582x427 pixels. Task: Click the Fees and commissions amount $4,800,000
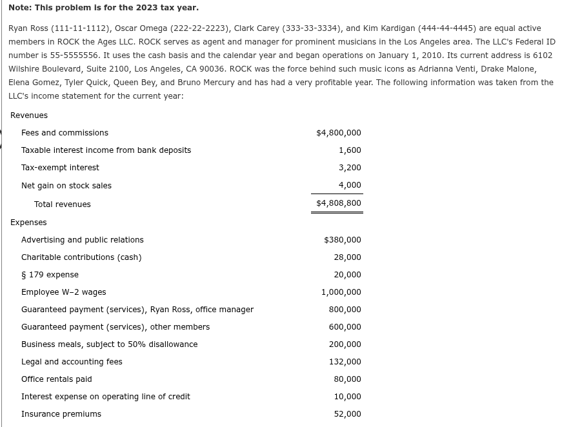pyautogui.click(x=338, y=133)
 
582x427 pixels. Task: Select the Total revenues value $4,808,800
pyautogui.click(x=338, y=203)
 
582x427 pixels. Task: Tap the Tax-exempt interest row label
pyautogui.click(x=60, y=168)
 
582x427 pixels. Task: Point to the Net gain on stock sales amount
pyautogui.click(x=350, y=185)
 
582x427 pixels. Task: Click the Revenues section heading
pyautogui.click(x=29, y=115)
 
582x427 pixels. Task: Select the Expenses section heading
pyautogui.click(x=28, y=223)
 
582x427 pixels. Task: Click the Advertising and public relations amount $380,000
pyautogui.click(x=342, y=240)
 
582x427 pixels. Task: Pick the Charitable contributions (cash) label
pyautogui.click(x=81, y=257)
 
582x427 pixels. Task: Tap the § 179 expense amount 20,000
pyautogui.click(x=347, y=275)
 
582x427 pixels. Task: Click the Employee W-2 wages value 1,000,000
pyautogui.click(x=341, y=292)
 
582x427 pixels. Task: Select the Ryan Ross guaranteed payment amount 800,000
pyautogui.click(x=345, y=310)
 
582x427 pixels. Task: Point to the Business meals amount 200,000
pyautogui.click(x=345, y=344)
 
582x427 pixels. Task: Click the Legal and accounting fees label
pyautogui.click(x=72, y=362)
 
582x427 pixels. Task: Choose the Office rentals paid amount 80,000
pyautogui.click(x=347, y=379)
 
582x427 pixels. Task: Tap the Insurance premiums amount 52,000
pyautogui.click(x=347, y=414)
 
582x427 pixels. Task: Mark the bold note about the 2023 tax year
pyautogui.click(x=103, y=8)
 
